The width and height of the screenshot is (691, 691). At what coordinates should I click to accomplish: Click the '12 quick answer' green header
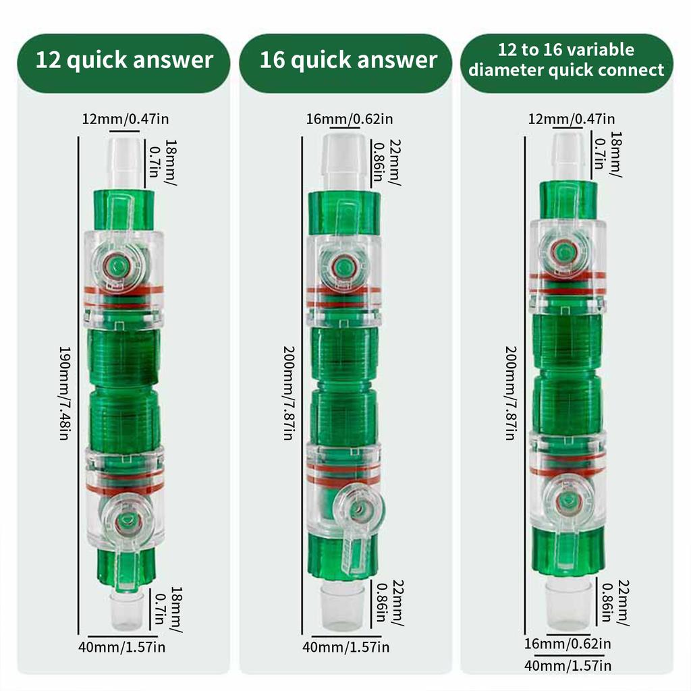[x=124, y=61]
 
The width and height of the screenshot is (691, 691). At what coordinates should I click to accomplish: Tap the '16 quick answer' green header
[x=348, y=61]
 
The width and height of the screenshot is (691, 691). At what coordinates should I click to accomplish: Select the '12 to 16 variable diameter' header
[x=567, y=59]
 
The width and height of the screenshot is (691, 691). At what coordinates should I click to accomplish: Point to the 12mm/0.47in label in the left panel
[x=126, y=119]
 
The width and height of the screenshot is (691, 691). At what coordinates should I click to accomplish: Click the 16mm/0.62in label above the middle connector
[x=350, y=119]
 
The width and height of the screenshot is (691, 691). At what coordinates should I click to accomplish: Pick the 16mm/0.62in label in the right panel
[x=568, y=644]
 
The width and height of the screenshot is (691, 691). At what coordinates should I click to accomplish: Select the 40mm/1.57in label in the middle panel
[x=345, y=647]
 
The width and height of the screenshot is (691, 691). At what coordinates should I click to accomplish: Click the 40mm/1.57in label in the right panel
[x=568, y=665]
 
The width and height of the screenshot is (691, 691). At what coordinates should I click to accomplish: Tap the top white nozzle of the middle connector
[x=343, y=163]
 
